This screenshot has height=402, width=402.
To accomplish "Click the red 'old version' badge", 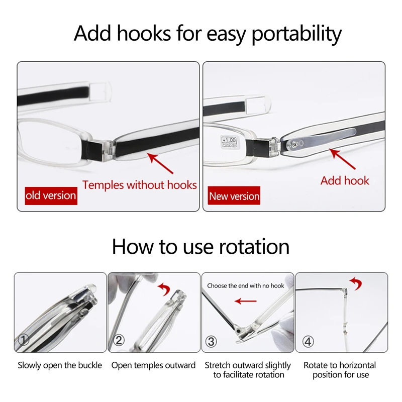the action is pos(51,195).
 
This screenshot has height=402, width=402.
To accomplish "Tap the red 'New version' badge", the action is pos(234,195).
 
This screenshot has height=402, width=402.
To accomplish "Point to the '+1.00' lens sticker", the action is pos(229,142).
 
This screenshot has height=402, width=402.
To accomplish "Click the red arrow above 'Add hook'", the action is pos(342,159).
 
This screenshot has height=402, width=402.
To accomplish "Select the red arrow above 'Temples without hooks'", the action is pos(160,163).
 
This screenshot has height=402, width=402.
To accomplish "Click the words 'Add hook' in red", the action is pos(345,181).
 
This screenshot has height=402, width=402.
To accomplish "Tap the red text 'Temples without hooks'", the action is pos(140,185).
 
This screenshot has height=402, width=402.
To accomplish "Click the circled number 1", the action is pos(24,340).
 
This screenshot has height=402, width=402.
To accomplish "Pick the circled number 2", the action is pos(119,340).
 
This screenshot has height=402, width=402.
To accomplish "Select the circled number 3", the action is pos(211,342).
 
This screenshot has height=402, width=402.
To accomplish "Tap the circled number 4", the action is pos(308,342).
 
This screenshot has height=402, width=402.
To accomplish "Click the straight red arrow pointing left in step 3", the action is pos(245,301).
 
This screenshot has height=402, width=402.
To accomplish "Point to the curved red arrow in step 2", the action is pos(164,289).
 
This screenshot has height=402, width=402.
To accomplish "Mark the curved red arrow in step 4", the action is pos(356,283).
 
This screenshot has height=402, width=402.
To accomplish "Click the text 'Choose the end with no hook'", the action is pos(246,285).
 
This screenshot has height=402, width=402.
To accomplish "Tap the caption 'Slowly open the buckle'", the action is pos(60,365).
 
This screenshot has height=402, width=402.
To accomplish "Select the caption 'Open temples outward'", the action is pos(153,365).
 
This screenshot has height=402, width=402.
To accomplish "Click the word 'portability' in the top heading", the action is pos(296,34).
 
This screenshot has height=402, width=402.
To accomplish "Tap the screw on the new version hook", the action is pos(294,145).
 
